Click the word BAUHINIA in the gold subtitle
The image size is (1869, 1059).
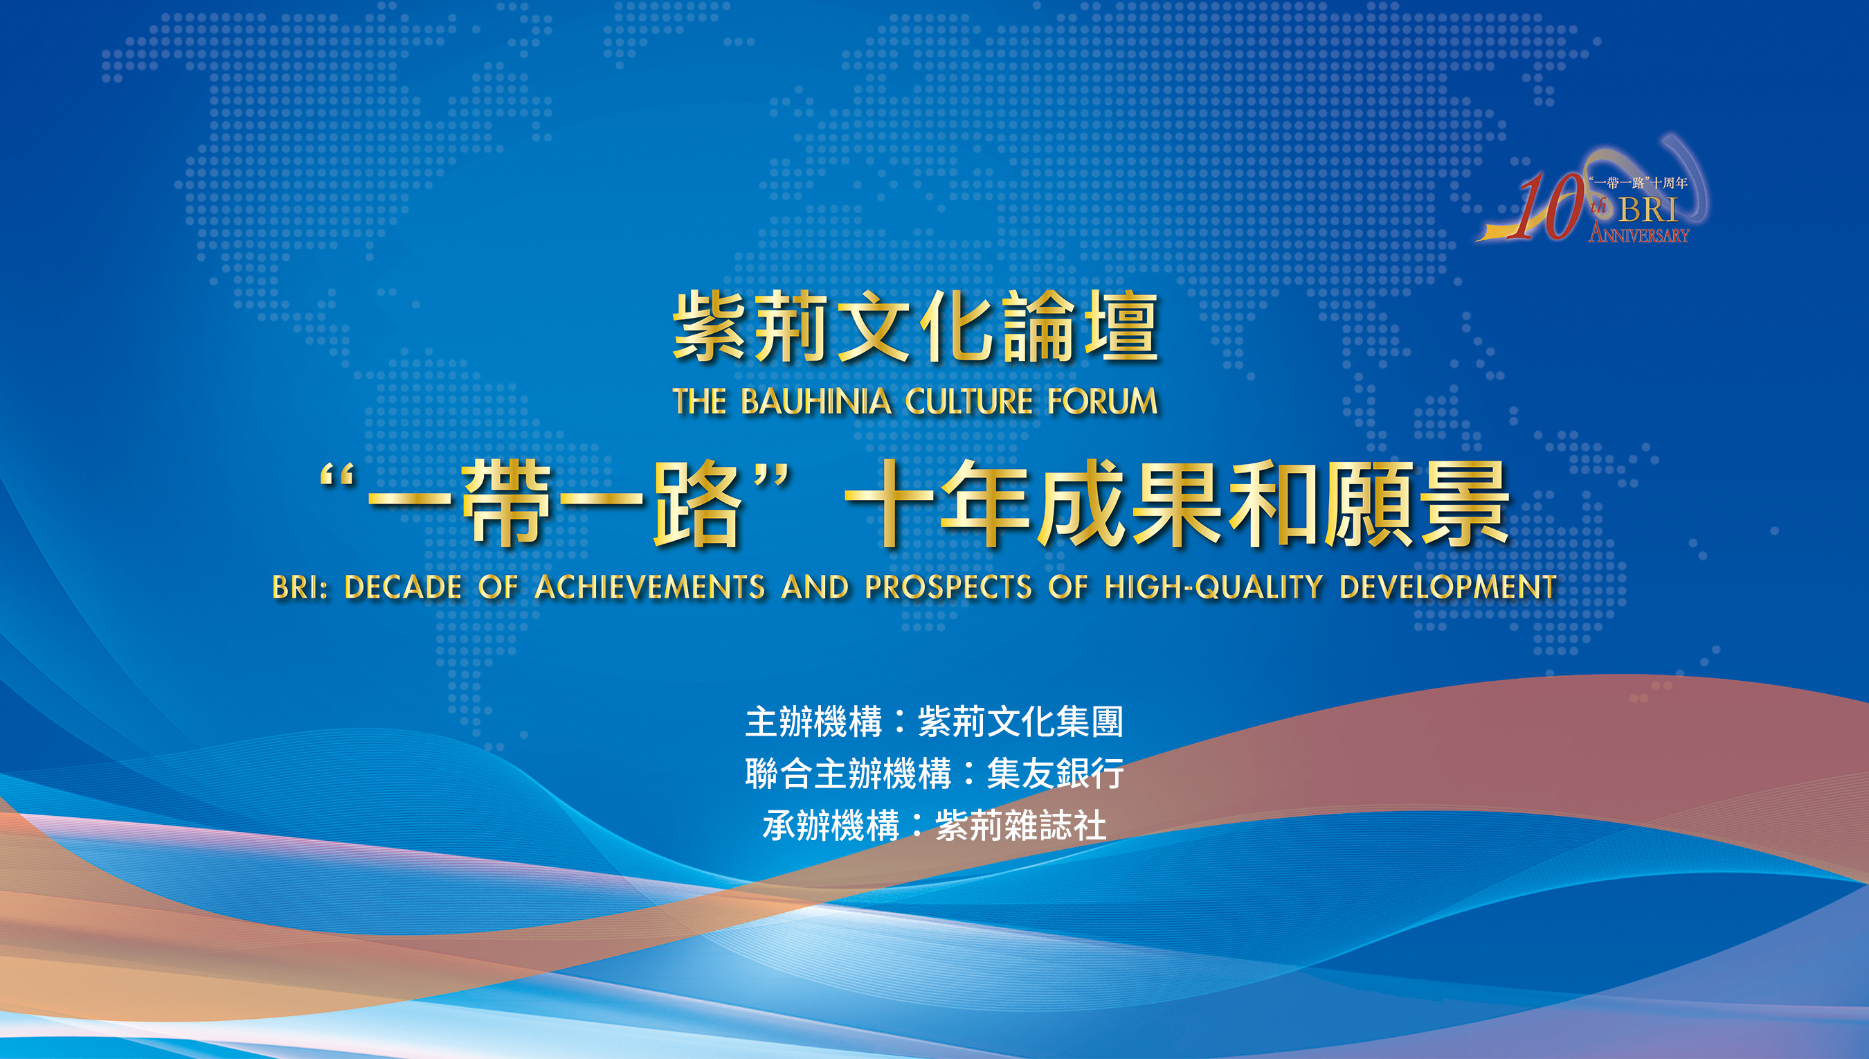815,401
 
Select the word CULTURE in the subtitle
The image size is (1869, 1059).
968,401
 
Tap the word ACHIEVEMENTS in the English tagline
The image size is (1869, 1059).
650,587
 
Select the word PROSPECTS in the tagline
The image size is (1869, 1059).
948,587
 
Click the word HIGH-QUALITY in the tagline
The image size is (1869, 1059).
1213,587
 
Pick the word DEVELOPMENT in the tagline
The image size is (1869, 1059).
1447,587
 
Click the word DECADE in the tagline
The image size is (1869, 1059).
403,587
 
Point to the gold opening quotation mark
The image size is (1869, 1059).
336,477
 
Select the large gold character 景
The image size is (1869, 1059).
1464,503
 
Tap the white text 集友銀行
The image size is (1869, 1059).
1055,773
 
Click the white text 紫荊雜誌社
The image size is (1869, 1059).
1020,826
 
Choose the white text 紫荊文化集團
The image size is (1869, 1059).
1020,722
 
